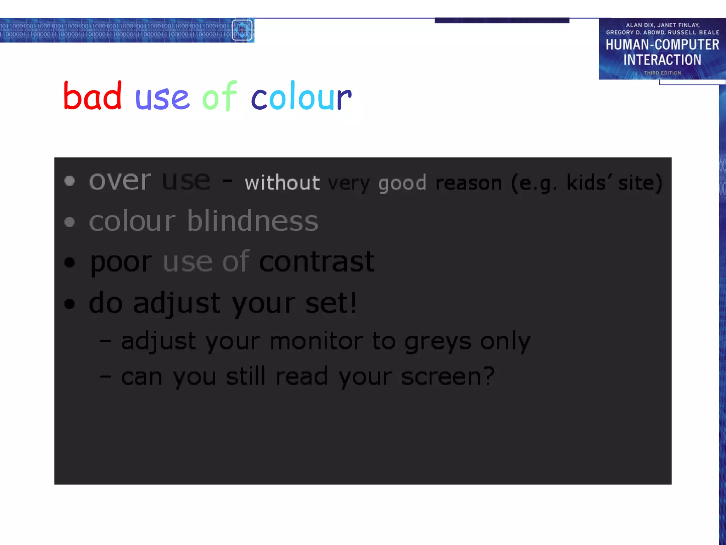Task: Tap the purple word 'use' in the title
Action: pyautogui.click(x=162, y=98)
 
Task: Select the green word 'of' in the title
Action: pyautogui.click(x=219, y=97)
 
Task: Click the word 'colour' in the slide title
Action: pyautogui.click(x=301, y=97)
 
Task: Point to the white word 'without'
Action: pyautogui.click(x=282, y=183)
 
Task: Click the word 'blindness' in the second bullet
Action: pyautogui.click(x=252, y=221)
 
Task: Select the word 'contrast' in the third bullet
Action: pyautogui.click(x=317, y=262)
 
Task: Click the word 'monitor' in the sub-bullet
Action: pyautogui.click(x=316, y=341)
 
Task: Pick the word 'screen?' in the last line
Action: pyautogui.click(x=448, y=376)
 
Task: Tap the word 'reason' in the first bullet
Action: pyautogui.click(x=469, y=183)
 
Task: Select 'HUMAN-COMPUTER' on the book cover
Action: pyautogui.click(x=662, y=45)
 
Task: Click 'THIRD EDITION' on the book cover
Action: pyautogui.click(x=662, y=73)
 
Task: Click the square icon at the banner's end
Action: pyautogui.click(x=242, y=30)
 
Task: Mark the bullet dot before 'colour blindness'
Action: pyautogui.click(x=70, y=222)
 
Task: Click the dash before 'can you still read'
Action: pyautogui.click(x=105, y=376)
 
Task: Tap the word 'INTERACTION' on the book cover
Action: pyautogui.click(x=662, y=60)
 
